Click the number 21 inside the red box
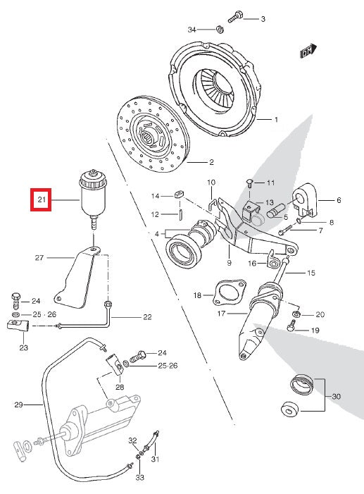coord(41,201)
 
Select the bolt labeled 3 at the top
coord(237,16)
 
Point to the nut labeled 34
coord(220,30)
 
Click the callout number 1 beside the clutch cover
coord(276,120)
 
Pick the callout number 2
coord(211,161)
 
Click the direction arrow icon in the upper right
coord(306,52)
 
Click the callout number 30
coord(336,397)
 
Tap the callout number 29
coord(19,405)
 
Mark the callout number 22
coord(147,317)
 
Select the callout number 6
coord(338,201)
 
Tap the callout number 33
coord(140,478)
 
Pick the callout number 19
coord(315,330)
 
